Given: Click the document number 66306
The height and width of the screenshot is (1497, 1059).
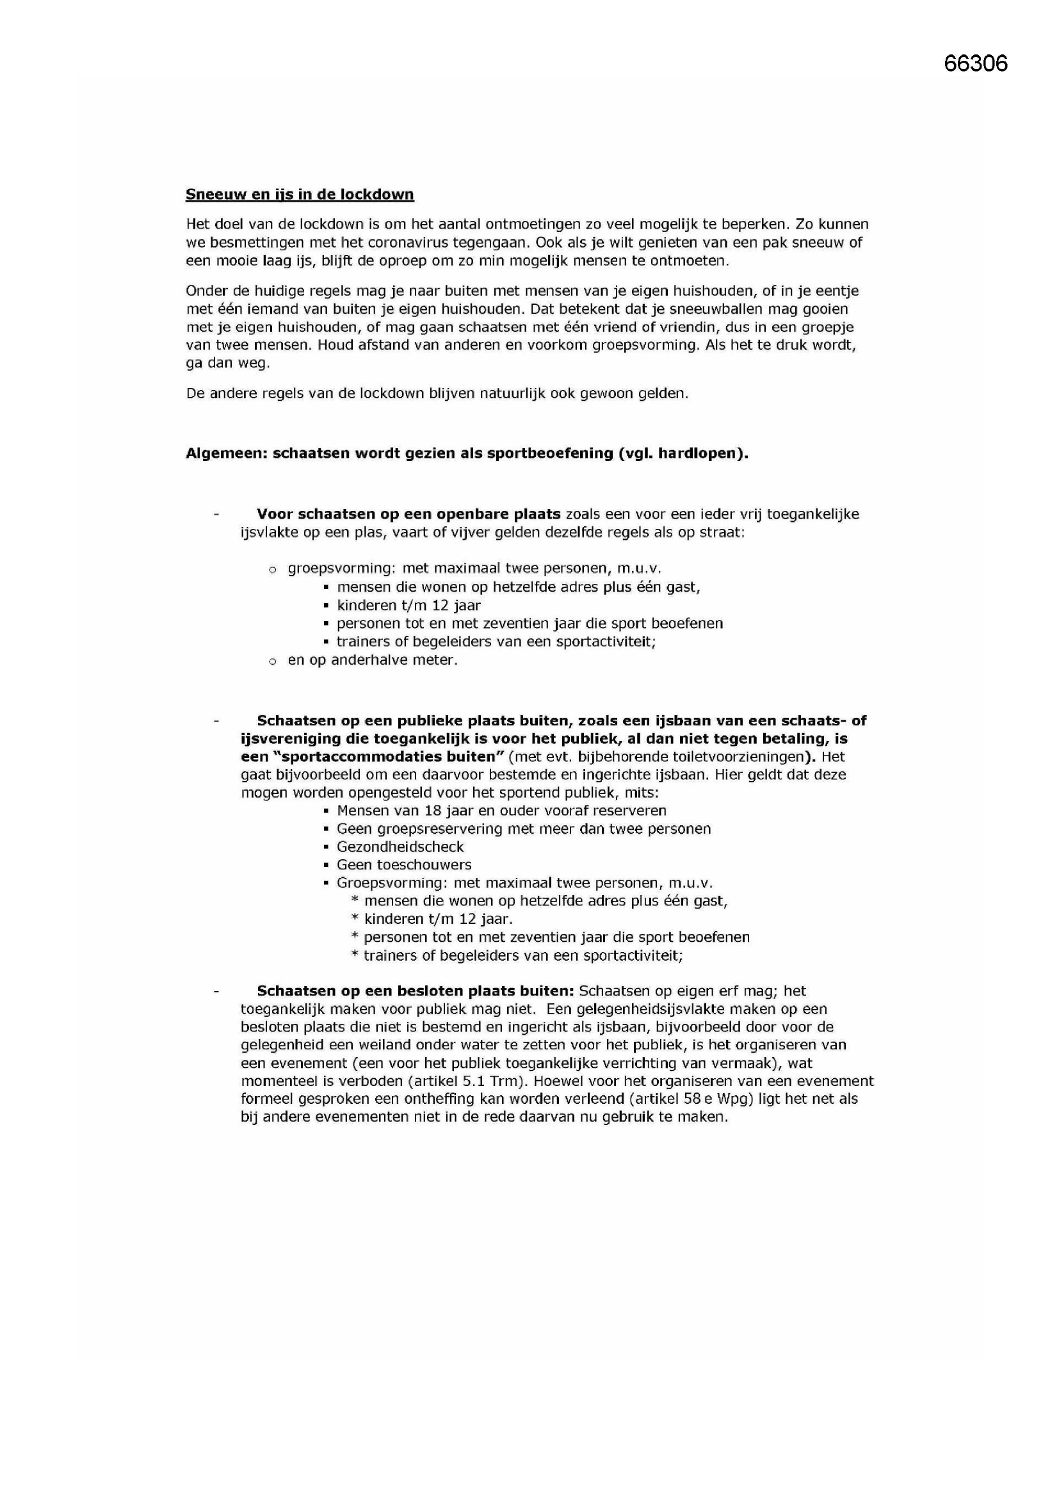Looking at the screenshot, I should (x=975, y=63).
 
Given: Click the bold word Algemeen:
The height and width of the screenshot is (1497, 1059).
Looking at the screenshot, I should (x=225, y=453).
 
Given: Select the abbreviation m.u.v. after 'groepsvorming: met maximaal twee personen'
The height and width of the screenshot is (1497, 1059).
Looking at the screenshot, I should (x=639, y=568).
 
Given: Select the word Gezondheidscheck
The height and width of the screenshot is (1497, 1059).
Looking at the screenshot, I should (x=400, y=847).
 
